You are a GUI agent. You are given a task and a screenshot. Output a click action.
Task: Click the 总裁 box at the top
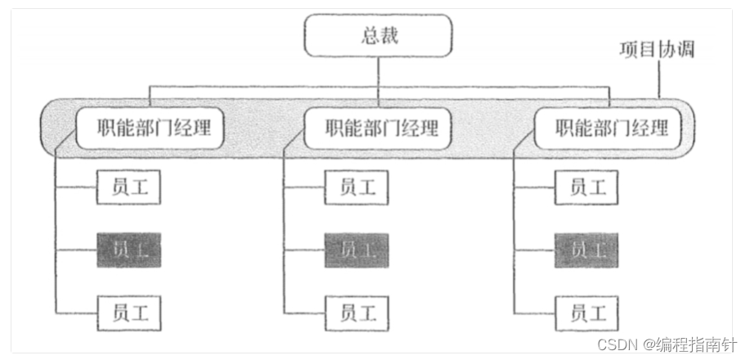379,37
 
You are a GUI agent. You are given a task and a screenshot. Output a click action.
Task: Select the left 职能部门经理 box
149,128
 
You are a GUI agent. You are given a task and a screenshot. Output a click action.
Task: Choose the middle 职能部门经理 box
378,128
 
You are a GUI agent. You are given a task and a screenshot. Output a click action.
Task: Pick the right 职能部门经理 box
608,128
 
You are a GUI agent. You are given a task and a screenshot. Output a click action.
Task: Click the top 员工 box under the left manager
128,187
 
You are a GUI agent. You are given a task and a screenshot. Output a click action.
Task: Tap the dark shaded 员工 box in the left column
128,250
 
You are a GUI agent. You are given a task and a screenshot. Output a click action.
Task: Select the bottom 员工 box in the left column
128,312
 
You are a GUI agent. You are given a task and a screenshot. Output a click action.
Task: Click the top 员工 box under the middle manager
357,187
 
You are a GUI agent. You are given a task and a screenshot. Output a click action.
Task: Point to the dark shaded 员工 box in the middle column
357,250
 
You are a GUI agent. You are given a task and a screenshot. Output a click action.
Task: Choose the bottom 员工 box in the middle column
357,312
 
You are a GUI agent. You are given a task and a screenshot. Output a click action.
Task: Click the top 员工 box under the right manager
586,187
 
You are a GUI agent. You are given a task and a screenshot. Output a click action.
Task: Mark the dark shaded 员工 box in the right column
586,250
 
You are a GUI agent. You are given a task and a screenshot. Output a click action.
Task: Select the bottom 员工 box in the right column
586,312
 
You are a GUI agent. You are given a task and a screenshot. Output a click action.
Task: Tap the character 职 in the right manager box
564,128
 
